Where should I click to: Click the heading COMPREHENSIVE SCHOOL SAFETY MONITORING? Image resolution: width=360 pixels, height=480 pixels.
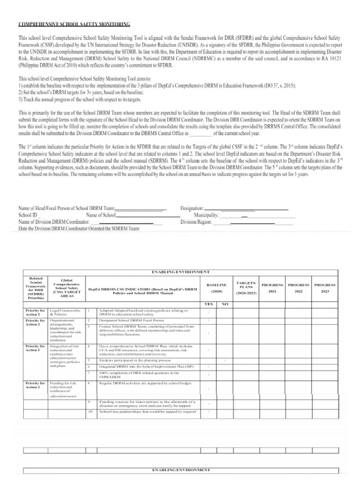pyautogui.click(x=74, y=24)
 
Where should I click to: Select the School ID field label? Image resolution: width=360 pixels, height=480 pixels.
pyautogui.click(x=28, y=215)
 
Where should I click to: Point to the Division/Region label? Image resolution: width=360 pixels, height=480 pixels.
pyautogui.click(x=196, y=222)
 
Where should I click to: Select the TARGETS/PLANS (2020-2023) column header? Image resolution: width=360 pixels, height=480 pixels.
pyautogui.click(x=246, y=287)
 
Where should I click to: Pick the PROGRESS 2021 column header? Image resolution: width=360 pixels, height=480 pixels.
pyautogui.click(x=272, y=287)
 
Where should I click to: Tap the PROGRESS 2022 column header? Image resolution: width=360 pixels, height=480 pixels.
pyautogui.click(x=299, y=287)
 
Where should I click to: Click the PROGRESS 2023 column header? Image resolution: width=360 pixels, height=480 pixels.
pyautogui.click(x=325, y=287)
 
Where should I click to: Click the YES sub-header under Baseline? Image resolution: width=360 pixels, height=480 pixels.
pyautogui.click(x=209, y=304)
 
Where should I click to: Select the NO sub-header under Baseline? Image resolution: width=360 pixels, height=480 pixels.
pyautogui.click(x=225, y=304)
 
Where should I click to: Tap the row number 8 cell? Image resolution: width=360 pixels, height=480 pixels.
pyautogui.click(x=89, y=383)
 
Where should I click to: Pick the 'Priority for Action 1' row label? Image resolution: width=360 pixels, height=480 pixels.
pyautogui.click(x=36, y=348)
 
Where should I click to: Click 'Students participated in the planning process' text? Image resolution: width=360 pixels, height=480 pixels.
pyautogui.click(x=135, y=360)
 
